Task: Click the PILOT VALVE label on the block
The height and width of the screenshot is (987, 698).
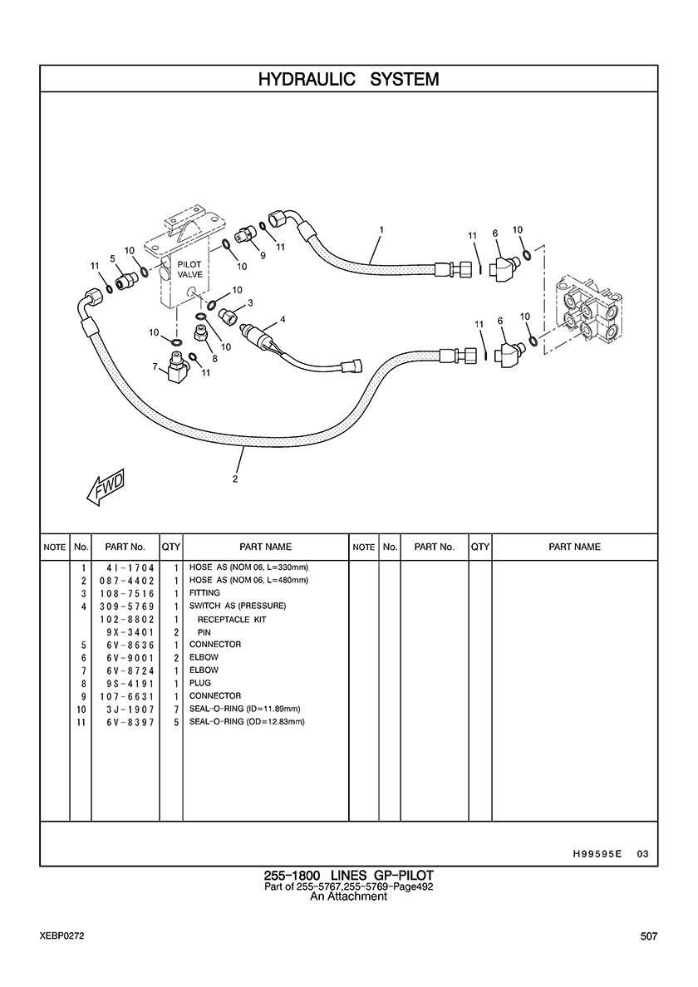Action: pyautogui.click(x=189, y=269)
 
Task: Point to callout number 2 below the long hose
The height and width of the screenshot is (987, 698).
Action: pyautogui.click(x=235, y=479)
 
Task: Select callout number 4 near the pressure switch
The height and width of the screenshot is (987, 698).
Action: pyautogui.click(x=283, y=319)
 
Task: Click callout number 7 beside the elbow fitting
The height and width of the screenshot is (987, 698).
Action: pyautogui.click(x=155, y=366)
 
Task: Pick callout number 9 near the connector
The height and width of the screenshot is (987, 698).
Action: pyautogui.click(x=262, y=256)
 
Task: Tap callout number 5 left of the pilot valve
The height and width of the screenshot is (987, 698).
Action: pyautogui.click(x=112, y=258)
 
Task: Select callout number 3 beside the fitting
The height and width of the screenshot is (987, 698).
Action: pyautogui.click(x=250, y=302)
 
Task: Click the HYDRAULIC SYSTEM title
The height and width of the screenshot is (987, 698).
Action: pyautogui.click(x=348, y=79)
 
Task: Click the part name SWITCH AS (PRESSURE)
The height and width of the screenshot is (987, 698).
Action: pyautogui.click(x=238, y=606)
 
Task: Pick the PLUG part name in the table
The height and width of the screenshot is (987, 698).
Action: pyautogui.click(x=200, y=683)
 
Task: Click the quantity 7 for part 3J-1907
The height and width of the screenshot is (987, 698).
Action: pyautogui.click(x=177, y=710)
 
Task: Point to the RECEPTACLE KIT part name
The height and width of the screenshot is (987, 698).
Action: pyautogui.click(x=232, y=620)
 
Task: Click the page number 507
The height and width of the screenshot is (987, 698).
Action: pyautogui.click(x=649, y=936)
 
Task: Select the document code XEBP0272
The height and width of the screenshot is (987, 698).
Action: pyautogui.click(x=61, y=936)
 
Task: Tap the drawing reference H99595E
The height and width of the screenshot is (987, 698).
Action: pyautogui.click(x=597, y=853)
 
